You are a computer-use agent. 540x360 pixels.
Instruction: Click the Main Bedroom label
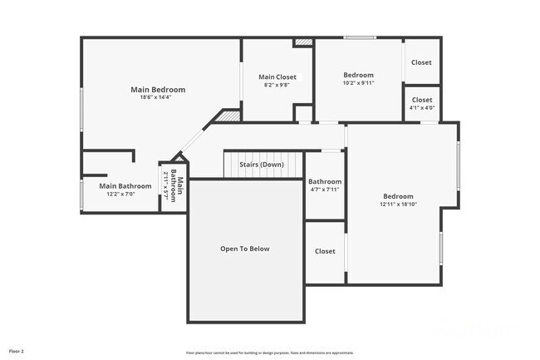pos(157,90)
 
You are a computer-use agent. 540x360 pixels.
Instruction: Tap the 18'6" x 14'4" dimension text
pos(157,98)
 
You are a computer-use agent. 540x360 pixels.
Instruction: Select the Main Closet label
pos(277,77)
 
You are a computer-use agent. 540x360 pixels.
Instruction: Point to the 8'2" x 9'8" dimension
pos(277,85)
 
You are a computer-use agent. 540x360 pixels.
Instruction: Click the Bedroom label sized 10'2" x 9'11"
pos(359,75)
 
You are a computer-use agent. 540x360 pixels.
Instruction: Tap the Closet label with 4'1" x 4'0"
pos(422,100)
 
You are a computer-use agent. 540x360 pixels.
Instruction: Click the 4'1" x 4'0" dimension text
pos(422,107)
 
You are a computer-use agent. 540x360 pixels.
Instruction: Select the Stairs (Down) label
pos(262,165)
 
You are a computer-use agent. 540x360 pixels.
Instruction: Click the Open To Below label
pos(244,249)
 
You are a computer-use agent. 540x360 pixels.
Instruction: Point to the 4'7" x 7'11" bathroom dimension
pos(325,190)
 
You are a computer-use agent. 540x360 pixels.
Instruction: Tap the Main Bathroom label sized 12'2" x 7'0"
pos(125,186)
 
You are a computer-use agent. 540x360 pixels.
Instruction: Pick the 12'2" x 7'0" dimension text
pos(125,194)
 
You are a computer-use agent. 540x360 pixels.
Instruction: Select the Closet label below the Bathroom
pos(325,251)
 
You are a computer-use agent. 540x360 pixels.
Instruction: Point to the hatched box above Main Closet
pos(303,41)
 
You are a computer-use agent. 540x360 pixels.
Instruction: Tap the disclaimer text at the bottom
pos(269,353)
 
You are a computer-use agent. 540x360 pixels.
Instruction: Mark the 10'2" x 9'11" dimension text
pos(359,83)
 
